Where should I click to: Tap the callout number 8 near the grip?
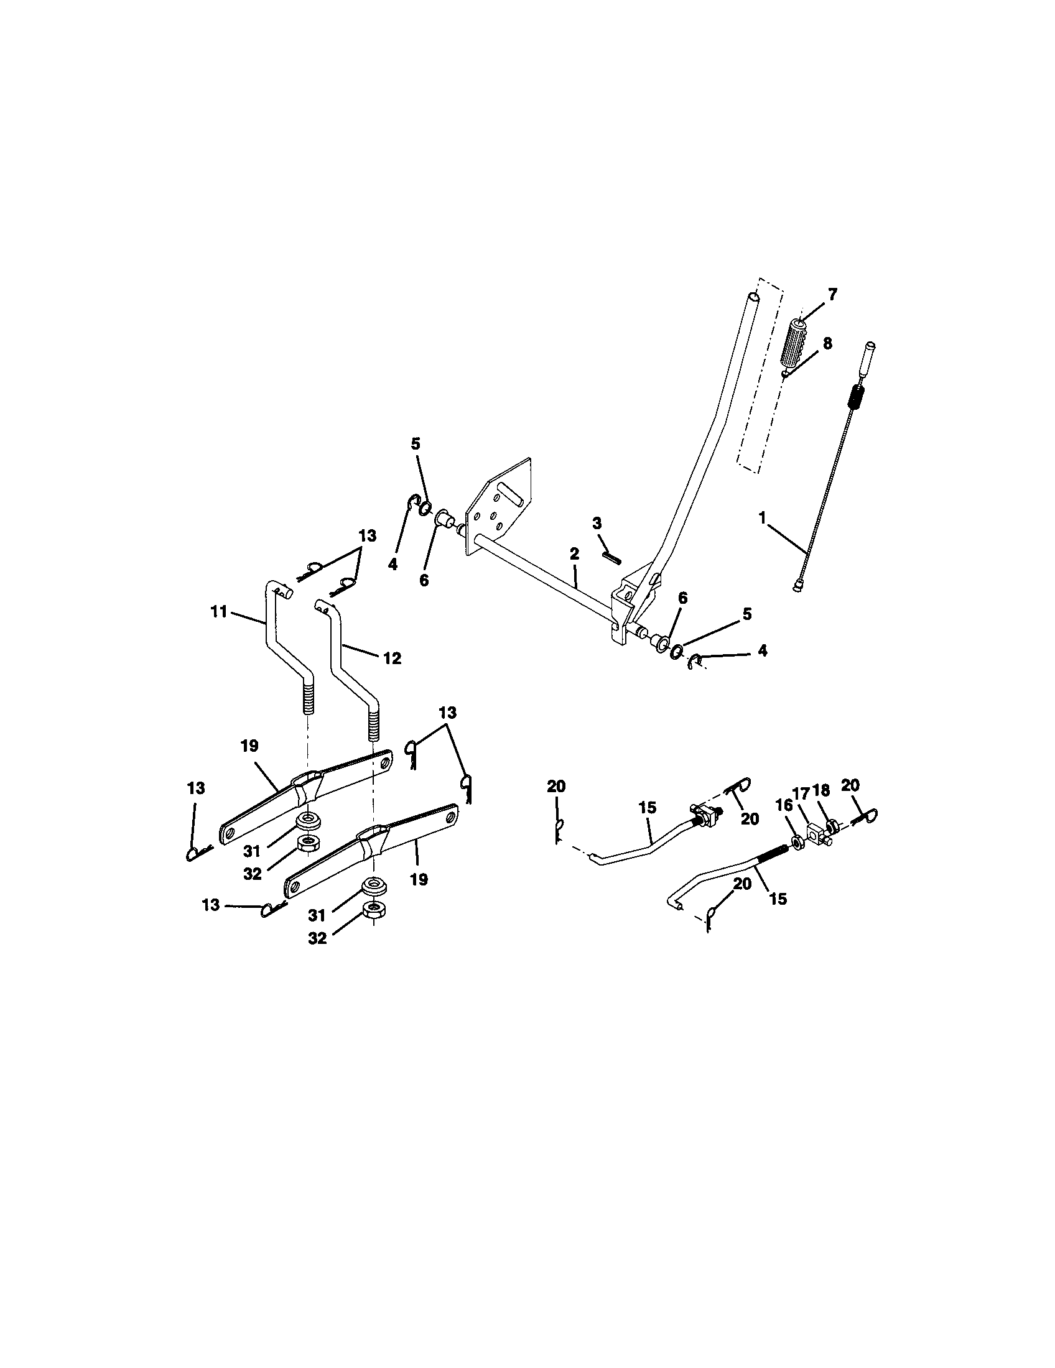click(x=827, y=343)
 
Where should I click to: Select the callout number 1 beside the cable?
click(x=763, y=517)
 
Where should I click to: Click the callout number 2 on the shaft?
click(x=575, y=553)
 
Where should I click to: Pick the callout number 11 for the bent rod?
click(x=218, y=612)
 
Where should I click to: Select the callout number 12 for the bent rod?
click(x=392, y=659)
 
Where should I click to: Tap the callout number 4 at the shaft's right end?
click(x=761, y=650)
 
